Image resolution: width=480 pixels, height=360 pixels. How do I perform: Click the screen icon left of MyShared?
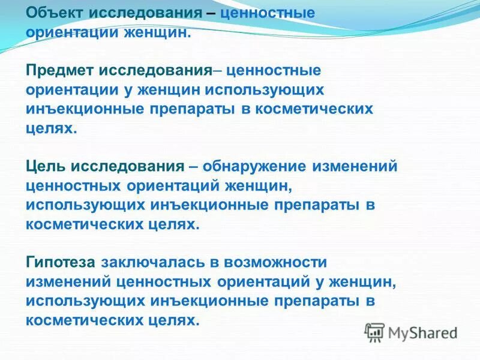pos(374,332)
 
